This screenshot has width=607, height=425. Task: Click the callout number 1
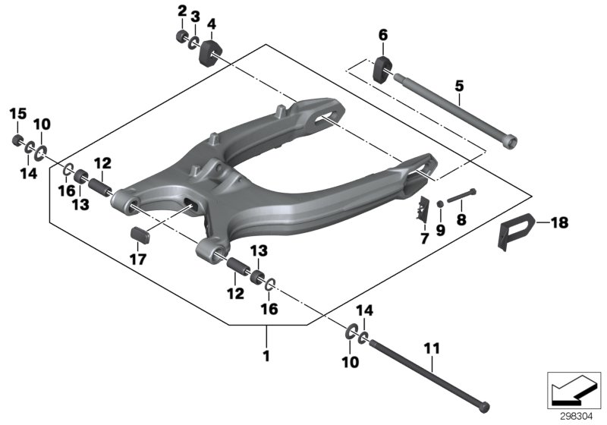tap(266, 354)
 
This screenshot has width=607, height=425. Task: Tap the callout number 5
tap(459, 87)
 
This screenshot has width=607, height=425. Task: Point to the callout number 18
tap(559, 222)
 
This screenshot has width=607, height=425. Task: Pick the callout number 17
tap(139, 259)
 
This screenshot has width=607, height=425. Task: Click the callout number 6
tap(382, 35)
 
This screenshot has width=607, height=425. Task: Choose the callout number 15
tap(17, 114)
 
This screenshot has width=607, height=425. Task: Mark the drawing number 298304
tap(578, 416)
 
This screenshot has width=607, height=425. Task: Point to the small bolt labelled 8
tap(460, 196)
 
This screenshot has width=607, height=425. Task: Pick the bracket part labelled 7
tap(422, 207)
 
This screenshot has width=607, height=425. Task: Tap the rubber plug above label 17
tap(139, 234)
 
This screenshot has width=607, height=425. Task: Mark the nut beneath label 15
tap(17, 140)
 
